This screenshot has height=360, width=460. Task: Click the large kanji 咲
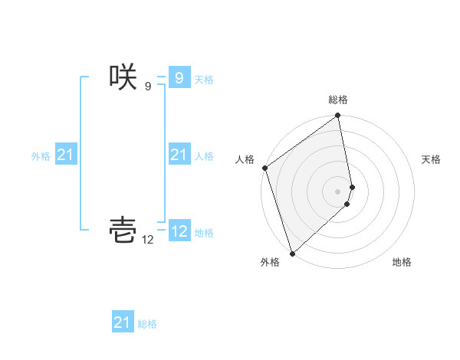(123, 77)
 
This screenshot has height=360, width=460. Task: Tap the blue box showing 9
(179, 77)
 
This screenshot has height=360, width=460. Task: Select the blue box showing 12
(179, 231)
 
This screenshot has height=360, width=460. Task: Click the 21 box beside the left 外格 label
(65, 155)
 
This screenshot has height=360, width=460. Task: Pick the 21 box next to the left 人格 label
(179, 155)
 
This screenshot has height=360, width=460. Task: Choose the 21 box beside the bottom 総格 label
(123, 322)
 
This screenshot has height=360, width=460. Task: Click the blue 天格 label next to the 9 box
(204, 79)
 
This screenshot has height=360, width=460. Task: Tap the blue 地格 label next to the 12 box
(204, 233)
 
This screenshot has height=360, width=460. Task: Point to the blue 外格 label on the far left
(41, 156)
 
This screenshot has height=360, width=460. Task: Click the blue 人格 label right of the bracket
(204, 156)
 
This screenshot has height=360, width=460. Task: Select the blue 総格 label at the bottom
(147, 324)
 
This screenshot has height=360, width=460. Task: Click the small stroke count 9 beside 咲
(148, 87)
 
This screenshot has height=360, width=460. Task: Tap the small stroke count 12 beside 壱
(147, 240)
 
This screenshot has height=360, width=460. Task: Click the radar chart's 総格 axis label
(338, 100)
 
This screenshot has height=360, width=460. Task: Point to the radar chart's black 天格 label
(431, 159)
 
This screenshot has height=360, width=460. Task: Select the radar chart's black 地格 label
(402, 262)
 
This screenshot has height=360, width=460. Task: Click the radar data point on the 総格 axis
(338, 116)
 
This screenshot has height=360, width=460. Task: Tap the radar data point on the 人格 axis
(265, 168)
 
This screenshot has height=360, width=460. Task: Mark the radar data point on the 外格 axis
(292, 253)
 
